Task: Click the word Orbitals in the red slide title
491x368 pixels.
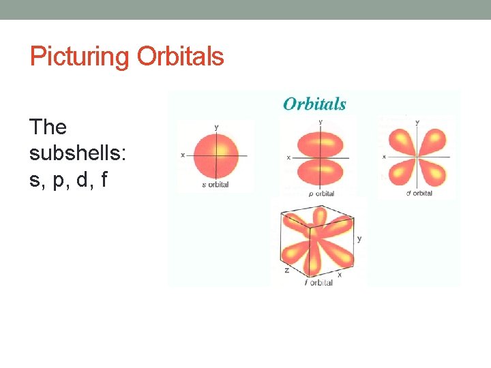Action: pyautogui.click(x=180, y=57)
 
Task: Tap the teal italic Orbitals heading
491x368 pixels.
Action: pyautogui.click(x=314, y=104)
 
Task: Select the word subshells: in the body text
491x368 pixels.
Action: pyautogui.click(x=77, y=154)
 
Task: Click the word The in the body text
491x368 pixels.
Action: pyautogui.click(x=48, y=127)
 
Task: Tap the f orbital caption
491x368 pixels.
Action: pyautogui.click(x=318, y=282)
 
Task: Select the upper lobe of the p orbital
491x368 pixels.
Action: pyautogui.click(x=320, y=143)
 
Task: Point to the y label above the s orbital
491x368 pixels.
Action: pyautogui.click(x=216, y=127)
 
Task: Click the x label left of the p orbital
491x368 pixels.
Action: pyautogui.click(x=288, y=157)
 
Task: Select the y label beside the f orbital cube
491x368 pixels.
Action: pyautogui.click(x=359, y=239)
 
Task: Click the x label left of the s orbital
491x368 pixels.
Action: pyautogui.click(x=183, y=155)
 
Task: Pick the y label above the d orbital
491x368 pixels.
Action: pyautogui.click(x=417, y=122)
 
